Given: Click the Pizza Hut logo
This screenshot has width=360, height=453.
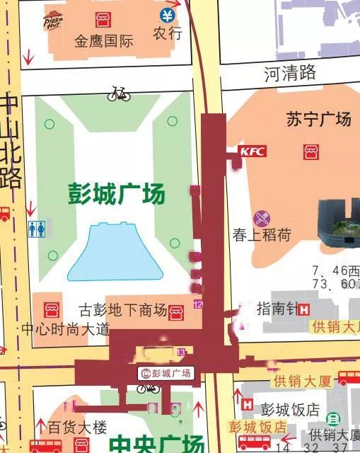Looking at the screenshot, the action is pos(52,21).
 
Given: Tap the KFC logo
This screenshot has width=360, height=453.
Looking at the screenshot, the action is pos(252,151).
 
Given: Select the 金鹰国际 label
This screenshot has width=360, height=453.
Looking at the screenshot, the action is pos(104,41).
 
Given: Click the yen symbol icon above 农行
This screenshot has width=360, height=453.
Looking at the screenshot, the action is pos(167,16).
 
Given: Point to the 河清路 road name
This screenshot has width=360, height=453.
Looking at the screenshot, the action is pos(289,72).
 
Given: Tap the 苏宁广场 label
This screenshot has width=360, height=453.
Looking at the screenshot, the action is pos(318,119).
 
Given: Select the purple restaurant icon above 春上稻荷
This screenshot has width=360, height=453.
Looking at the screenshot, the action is pos(262,217).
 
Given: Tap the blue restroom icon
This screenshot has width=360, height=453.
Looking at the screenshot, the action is pos(37,229).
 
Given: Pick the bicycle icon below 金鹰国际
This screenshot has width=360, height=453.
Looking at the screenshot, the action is pos(119,93).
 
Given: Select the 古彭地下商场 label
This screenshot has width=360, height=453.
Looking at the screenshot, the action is pos(122,309).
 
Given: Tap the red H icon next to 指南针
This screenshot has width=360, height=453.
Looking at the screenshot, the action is pos(303,309).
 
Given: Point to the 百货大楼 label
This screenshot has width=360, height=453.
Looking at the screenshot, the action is pos(77,428).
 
